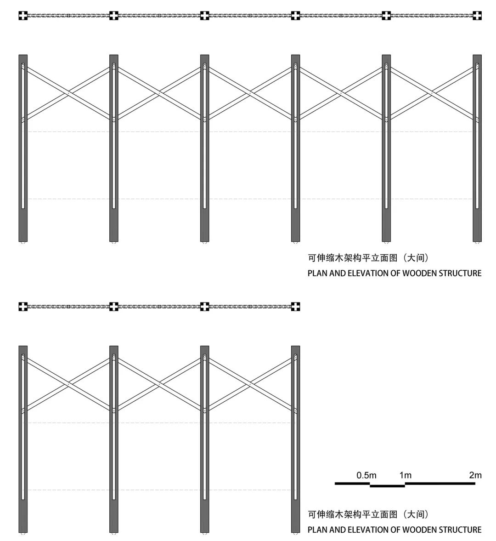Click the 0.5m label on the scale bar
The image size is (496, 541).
(366, 475)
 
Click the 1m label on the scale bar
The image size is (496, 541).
(405, 475)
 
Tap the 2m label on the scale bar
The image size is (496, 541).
(475, 475)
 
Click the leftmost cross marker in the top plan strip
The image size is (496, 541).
(23, 16)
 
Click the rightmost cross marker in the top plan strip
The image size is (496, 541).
(477, 16)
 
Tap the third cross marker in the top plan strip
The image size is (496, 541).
(205, 16)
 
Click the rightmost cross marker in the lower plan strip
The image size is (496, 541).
(296, 307)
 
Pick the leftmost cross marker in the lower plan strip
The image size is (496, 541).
(23, 307)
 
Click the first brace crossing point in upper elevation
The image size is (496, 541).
(68, 93)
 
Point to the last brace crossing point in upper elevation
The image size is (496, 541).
(432, 93)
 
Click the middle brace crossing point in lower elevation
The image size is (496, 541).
(159, 384)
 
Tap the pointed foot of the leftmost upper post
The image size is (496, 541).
(23, 242)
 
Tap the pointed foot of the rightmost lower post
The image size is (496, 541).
(296, 533)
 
